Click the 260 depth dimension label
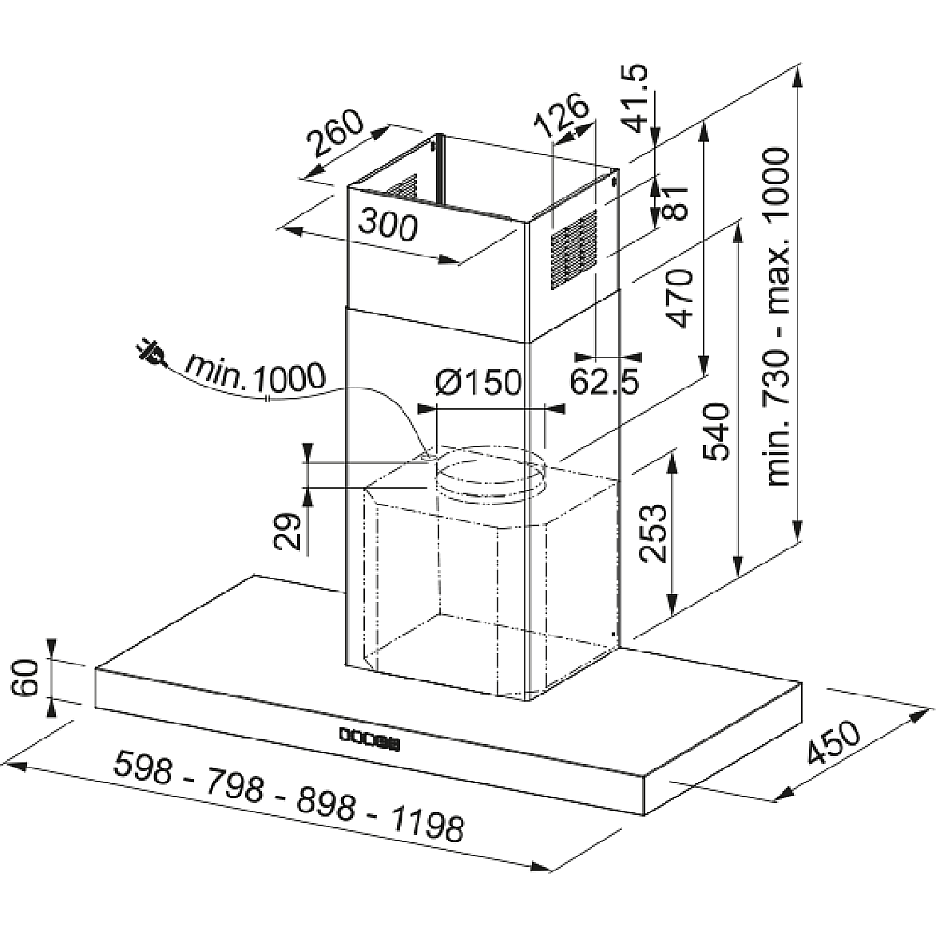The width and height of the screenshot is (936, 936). [x=335, y=133]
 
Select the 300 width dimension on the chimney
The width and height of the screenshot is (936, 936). [x=388, y=226]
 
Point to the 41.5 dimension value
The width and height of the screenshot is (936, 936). [x=634, y=97]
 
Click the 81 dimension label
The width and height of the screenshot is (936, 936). [x=676, y=203]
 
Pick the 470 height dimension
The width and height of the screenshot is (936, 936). [x=679, y=298]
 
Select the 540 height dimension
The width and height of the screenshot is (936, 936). [x=716, y=431]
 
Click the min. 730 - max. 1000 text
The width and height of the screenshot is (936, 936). [x=779, y=316]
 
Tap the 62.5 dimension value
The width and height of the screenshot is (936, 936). [x=604, y=382]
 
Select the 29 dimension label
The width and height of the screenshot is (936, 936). [x=288, y=531]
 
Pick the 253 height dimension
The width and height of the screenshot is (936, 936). [x=652, y=534]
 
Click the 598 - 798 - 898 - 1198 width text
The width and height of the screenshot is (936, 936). [x=289, y=796]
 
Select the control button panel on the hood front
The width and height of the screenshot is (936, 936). [x=370, y=739]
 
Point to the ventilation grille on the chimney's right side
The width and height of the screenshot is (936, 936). [x=574, y=250]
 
